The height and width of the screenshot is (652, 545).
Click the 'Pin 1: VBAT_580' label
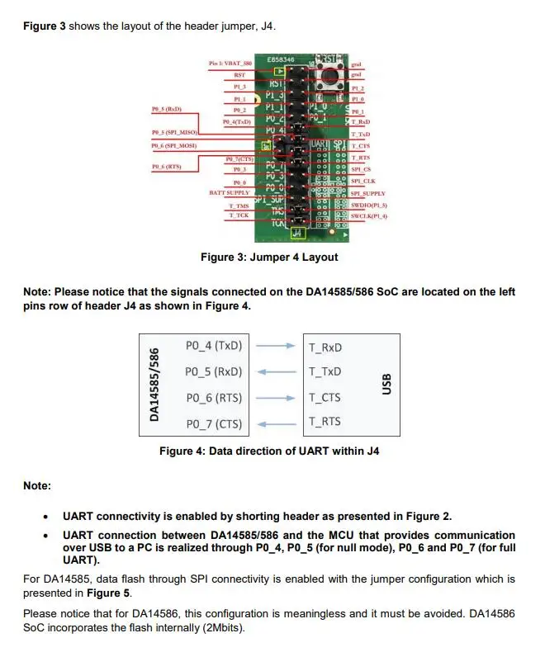tap(231, 64)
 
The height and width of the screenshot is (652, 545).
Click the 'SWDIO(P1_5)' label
tap(368, 205)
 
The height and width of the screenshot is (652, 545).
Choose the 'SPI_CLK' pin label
tap(363, 181)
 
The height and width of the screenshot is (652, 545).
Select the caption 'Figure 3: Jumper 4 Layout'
tap(269, 257)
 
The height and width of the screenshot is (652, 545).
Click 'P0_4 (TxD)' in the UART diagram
tap(214, 346)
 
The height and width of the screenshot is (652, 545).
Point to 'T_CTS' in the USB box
tap(325, 398)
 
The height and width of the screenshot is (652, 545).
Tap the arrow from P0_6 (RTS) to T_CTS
tap(273, 398)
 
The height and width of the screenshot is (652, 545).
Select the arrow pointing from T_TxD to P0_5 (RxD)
tap(273, 372)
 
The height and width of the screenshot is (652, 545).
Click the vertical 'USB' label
tap(386, 384)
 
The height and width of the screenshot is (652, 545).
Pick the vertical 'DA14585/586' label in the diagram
tap(154, 385)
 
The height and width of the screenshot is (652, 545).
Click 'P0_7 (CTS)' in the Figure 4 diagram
tap(214, 424)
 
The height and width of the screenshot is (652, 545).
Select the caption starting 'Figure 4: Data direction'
tap(269, 451)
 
